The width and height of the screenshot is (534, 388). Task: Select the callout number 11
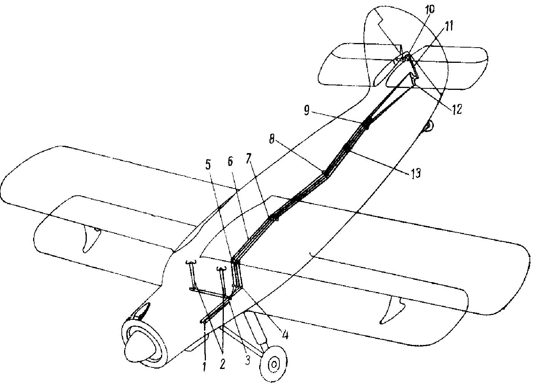447,27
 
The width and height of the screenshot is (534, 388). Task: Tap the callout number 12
456,109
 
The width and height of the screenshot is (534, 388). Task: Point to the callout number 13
415,173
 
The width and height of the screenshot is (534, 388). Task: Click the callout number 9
307,111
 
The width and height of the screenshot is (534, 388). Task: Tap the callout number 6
230,162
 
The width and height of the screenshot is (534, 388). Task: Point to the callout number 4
285,335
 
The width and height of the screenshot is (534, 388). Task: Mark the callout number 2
222,364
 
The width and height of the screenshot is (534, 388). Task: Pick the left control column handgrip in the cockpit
191,262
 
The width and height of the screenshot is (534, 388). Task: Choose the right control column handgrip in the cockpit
222,269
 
